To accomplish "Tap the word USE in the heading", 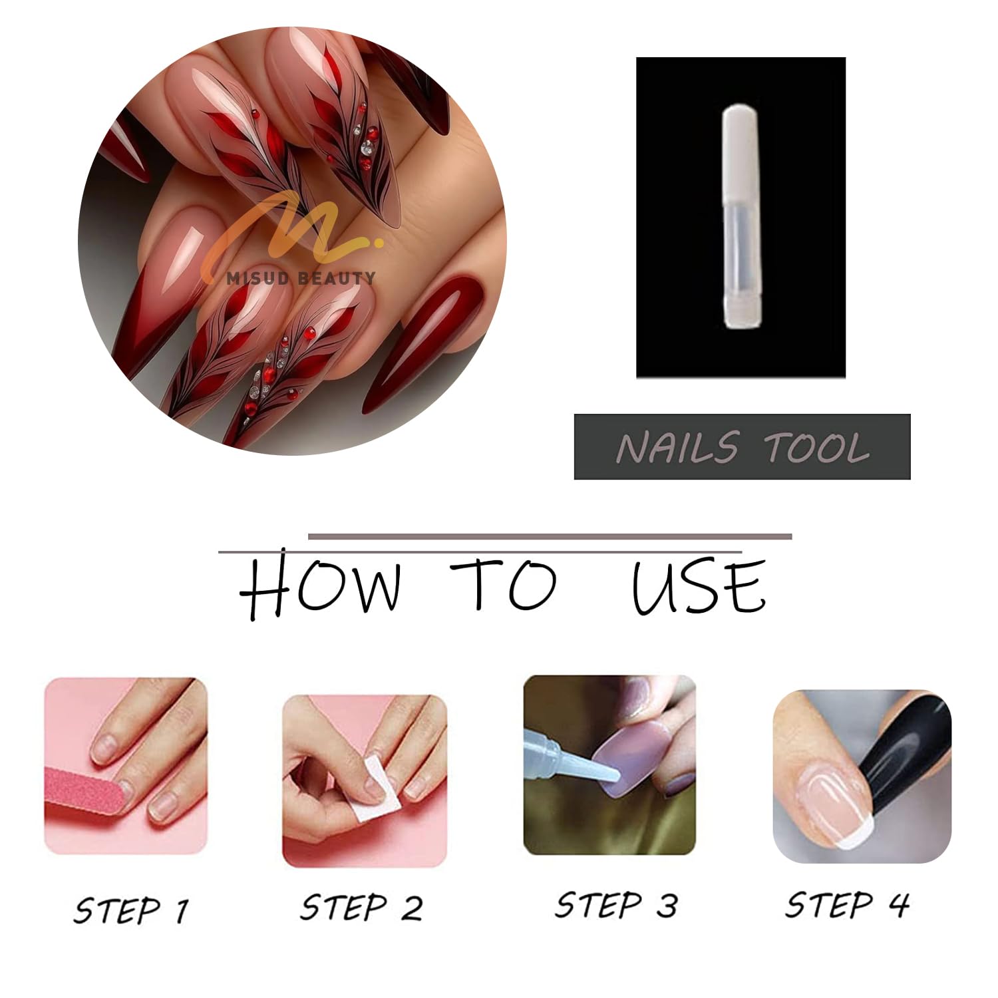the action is click(x=699, y=585).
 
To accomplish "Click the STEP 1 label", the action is click(x=131, y=910).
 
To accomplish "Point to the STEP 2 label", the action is click(x=361, y=908).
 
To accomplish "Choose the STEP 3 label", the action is click(x=616, y=906).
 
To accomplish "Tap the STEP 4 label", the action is click(x=847, y=904).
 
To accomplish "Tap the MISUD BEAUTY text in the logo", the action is click(x=301, y=278).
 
